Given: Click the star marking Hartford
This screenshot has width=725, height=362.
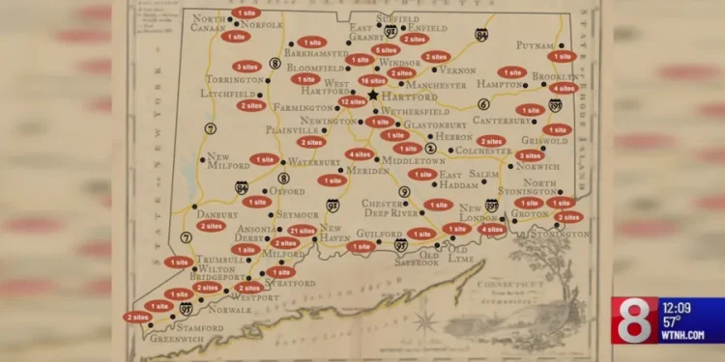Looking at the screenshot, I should click(x=372, y=95).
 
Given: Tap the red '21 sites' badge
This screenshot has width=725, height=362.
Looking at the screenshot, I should click(x=303, y=231).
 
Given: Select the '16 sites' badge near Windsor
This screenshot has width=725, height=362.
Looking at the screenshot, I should click(x=372, y=80).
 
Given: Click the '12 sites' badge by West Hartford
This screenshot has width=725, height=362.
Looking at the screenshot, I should click(x=353, y=100).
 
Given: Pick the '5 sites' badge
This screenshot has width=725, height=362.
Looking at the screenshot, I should click(x=386, y=49).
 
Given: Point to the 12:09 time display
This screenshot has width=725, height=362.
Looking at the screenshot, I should click(x=683, y=308).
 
